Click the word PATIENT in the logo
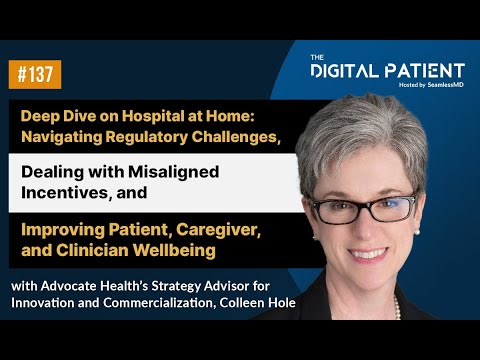click(x=428, y=71)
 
